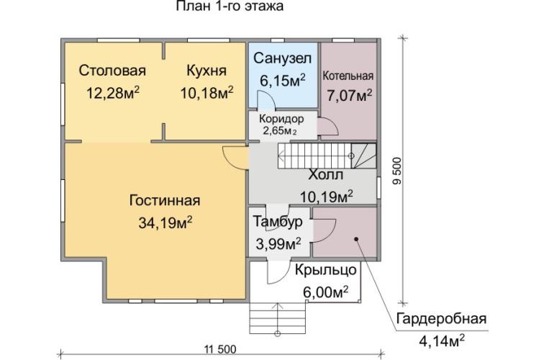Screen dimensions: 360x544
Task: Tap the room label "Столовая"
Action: (x=112, y=71)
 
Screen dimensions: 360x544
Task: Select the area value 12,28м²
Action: (x=112, y=93)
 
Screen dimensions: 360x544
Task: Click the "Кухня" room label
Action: (x=207, y=71)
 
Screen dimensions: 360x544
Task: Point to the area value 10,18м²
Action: (x=207, y=93)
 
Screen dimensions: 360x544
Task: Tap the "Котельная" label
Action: (x=348, y=76)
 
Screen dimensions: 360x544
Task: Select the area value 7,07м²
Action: (x=348, y=94)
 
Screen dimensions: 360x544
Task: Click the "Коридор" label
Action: (x=282, y=119)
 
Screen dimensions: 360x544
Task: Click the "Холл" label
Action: (x=325, y=176)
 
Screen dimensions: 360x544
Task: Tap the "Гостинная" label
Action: (x=165, y=201)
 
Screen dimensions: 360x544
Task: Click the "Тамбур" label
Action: (x=278, y=222)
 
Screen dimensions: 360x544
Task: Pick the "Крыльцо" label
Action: (x=325, y=271)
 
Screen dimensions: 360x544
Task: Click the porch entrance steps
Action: (x=280, y=316)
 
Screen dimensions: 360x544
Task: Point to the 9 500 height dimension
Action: (x=396, y=174)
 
